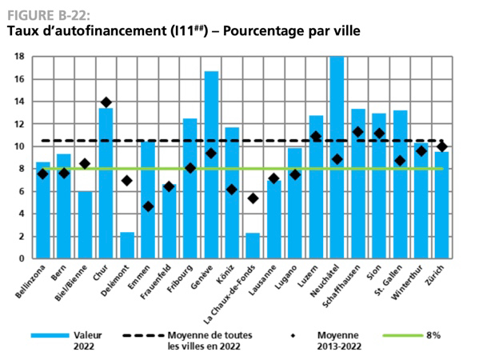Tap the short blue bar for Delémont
pyautogui.click(x=127, y=245)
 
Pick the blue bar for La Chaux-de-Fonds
pyautogui.click(x=253, y=246)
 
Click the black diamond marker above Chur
pyautogui.click(x=106, y=102)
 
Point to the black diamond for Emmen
pyautogui.click(x=148, y=206)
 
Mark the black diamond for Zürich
pyautogui.click(x=441, y=146)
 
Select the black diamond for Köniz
pyautogui.click(x=232, y=190)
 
